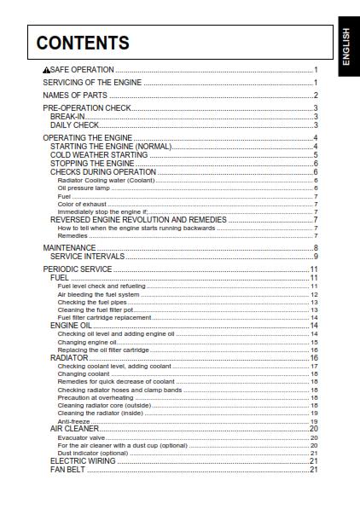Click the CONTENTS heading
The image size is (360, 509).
[x=83, y=43]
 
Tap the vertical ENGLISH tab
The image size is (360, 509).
[x=345, y=46]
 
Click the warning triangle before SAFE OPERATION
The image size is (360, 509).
[x=47, y=70]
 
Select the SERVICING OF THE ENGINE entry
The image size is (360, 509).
[x=92, y=83]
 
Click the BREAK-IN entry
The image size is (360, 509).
[x=67, y=117]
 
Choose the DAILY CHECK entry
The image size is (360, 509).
[x=75, y=125]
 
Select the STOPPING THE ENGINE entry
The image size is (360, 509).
[x=92, y=164]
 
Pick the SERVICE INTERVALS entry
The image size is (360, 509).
[x=87, y=256]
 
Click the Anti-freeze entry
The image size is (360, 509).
[x=69, y=421]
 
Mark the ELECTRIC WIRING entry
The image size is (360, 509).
[x=83, y=461]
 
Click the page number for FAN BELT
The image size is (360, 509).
[x=313, y=470]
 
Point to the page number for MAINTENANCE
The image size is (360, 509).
[x=315, y=247]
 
